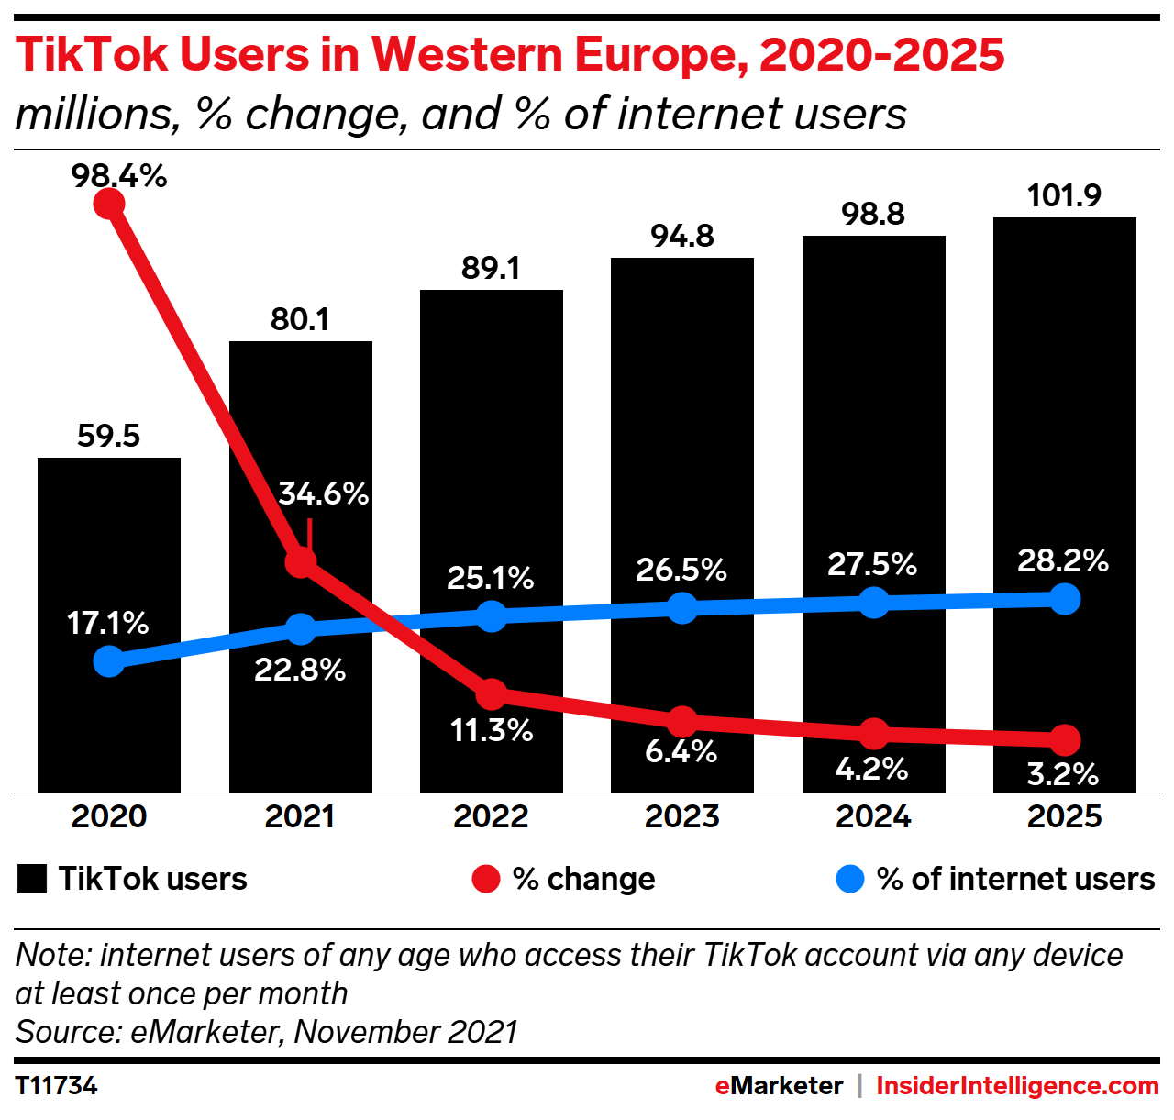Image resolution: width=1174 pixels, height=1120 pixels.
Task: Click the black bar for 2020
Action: click(108, 550)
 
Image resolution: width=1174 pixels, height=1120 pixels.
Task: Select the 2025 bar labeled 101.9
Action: click(1064, 413)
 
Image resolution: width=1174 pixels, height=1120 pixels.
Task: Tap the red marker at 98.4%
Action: click(109, 202)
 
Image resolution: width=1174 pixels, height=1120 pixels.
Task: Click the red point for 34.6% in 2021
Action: click(301, 561)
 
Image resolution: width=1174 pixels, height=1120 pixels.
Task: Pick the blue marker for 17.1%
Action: click(109, 660)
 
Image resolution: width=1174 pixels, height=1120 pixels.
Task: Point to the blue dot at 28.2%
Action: click(1064, 599)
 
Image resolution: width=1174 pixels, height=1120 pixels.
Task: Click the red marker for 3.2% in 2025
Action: click(1064, 739)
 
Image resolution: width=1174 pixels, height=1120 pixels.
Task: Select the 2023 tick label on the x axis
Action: click(681, 816)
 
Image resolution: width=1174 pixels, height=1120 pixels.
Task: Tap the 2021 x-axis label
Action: click(300, 816)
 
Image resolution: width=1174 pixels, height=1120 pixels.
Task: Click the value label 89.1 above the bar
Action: click(491, 268)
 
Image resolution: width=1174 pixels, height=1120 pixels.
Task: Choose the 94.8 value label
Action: click(682, 236)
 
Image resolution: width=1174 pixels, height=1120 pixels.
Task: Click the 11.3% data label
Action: click(492, 730)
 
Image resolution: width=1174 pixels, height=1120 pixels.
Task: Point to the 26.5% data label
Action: click(681, 570)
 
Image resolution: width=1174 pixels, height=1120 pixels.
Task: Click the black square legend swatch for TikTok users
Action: click(32, 879)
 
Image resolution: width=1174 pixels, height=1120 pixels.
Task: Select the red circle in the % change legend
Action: click(485, 879)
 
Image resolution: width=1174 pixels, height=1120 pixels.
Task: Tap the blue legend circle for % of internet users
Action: click(850, 879)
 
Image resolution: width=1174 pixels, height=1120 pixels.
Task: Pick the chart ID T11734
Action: click(57, 1086)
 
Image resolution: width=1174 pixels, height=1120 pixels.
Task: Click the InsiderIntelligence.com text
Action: click(1017, 1086)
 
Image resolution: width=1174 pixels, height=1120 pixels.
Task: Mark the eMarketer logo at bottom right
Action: click(779, 1086)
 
